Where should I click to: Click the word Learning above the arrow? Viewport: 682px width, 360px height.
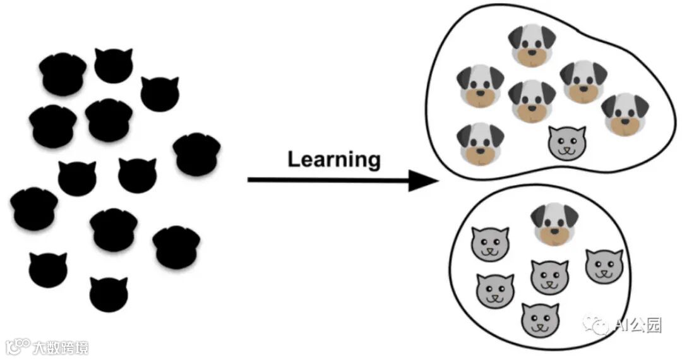coord(334,159)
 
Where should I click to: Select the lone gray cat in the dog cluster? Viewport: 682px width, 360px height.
coord(567,143)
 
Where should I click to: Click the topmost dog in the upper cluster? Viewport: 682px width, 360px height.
coord(532,45)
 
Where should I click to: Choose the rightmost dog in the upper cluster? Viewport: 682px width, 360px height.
coord(625,114)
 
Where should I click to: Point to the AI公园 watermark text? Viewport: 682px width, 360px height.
coord(637,325)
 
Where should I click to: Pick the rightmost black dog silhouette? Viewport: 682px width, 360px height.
coord(196,154)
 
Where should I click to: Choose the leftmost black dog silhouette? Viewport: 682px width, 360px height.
coord(34,208)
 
